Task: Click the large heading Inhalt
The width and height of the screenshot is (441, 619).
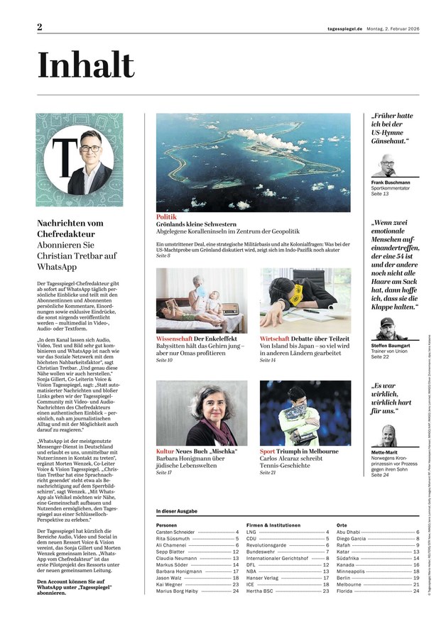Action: (x=86, y=66)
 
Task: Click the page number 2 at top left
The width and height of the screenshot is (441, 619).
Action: (x=40, y=27)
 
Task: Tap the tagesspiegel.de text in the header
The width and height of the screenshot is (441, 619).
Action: (x=340, y=28)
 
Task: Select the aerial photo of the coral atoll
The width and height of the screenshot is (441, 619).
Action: (x=254, y=162)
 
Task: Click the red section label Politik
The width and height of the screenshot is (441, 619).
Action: (x=166, y=217)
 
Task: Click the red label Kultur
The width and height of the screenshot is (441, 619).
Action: (x=165, y=451)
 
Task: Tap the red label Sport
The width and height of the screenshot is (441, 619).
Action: (x=268, y=451)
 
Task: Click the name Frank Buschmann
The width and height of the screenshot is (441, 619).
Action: (x=391, y=182)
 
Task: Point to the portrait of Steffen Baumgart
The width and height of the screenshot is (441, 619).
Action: (x=388, y=328)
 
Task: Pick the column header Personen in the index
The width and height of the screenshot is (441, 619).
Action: (x=167, y=525)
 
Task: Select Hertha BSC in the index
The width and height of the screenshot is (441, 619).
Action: (x=260, y=591)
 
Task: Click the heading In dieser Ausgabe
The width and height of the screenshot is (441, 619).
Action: (x=177, y=511)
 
